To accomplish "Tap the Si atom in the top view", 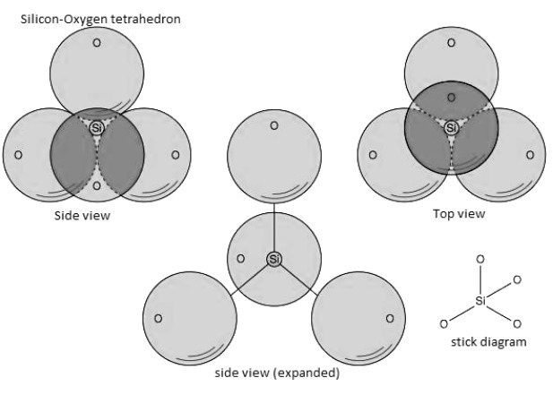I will (x=452, y=128).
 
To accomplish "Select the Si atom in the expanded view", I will (x=274, y=259).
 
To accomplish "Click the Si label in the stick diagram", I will (x=480, y=301).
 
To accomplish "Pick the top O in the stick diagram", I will (x=480, y=259).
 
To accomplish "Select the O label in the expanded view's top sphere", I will (x=274, y=125).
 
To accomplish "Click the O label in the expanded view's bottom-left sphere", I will (x=158, y=317).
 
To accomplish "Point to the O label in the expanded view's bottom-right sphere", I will (x=390, y=317).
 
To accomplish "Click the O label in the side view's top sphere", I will (x=96, y=41).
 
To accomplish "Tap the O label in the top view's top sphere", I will (x=451, y=41).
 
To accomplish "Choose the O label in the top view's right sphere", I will (x=529, y=154).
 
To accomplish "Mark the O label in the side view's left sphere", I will (x=18, y=154).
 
